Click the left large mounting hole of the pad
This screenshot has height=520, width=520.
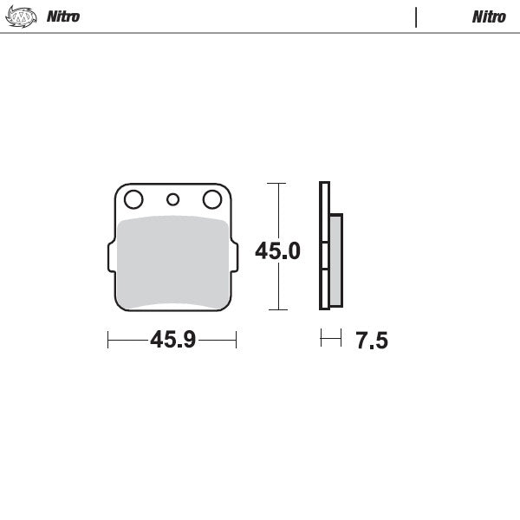click(133, 200)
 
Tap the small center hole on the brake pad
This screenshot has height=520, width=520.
click(172, 200)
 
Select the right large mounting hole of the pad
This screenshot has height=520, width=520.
click(211, 200)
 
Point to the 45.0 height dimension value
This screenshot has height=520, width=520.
click(277, 251)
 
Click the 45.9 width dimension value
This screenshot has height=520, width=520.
click(172, 340)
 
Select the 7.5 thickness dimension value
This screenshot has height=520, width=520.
click(371, 341)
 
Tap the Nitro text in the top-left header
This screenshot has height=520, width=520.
click(63, 16)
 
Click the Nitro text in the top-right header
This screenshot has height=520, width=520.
click(489, 16)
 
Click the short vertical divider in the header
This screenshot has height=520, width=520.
click(416, 16)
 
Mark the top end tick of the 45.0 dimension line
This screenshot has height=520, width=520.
click(276, 184)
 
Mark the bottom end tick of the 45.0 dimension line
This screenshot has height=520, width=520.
click(276, 309)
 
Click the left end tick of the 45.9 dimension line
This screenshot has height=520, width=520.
click(107, 340)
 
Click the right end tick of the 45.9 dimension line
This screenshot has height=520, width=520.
click(236, 340)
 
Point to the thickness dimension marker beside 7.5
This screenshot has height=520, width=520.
click(331, 339)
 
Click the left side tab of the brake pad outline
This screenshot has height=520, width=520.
click(110, 256)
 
